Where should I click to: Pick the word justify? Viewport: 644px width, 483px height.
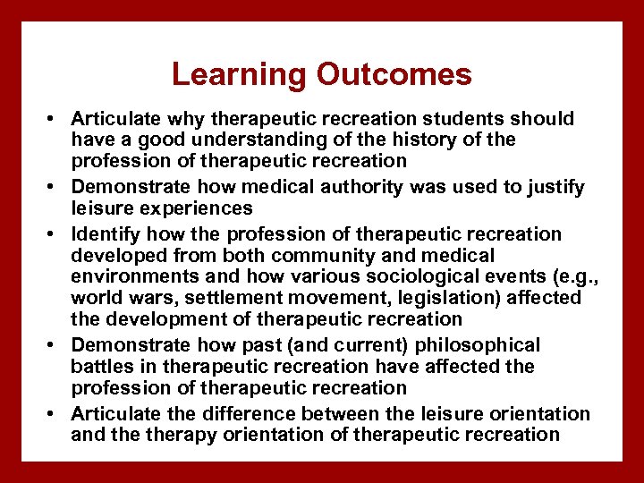click(553, 187)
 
